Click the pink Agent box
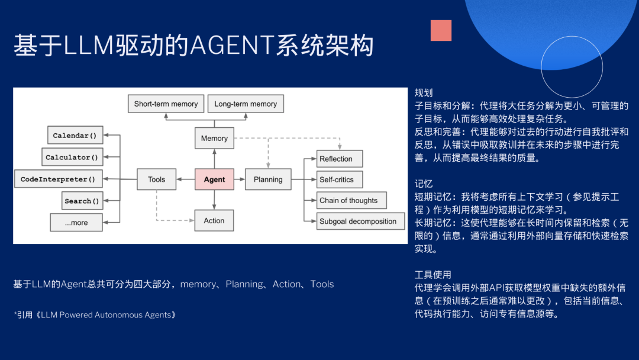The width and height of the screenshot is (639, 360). [214, 179]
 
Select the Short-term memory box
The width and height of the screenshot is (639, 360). [166, 104]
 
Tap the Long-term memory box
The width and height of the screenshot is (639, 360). [246, 104]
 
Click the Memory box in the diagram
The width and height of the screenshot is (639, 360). [214, 138]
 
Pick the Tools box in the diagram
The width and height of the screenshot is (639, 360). [157, 179]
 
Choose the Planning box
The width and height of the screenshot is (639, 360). [268, 179]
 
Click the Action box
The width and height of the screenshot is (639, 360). [214, 220]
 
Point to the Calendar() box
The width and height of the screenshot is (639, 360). [75, 136]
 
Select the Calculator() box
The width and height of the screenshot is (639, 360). [72, 157]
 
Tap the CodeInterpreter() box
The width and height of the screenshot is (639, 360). [58, 179]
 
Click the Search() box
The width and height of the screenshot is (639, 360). [82, 201]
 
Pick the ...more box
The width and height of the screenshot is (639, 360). [76, 223]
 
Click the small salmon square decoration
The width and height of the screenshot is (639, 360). [441, 30]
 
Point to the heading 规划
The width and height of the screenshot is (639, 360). [424, 93]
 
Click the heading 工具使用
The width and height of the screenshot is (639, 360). [433, 275]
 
